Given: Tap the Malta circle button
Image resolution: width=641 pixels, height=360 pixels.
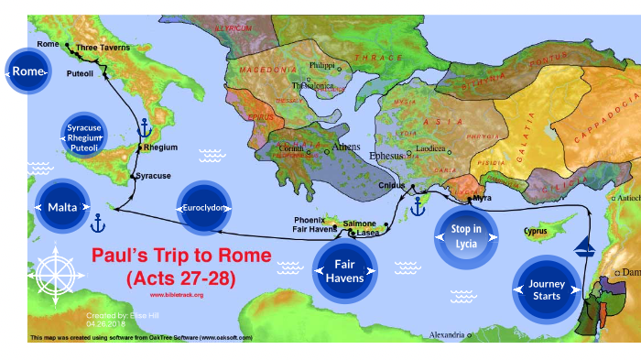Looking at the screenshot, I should click(61, 208).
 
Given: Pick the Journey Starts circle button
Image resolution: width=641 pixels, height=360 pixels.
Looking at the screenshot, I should click(548, 289).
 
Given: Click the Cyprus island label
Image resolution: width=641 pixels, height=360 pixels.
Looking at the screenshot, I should click(536, 231).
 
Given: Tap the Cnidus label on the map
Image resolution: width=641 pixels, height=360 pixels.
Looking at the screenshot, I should click(392, 186).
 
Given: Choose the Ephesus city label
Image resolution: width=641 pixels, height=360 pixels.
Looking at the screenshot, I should click(385, 157).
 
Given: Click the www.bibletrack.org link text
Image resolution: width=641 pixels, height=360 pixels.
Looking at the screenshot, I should click(176, 295).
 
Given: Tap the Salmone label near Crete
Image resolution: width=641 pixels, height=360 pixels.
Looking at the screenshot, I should click(359, 224).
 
